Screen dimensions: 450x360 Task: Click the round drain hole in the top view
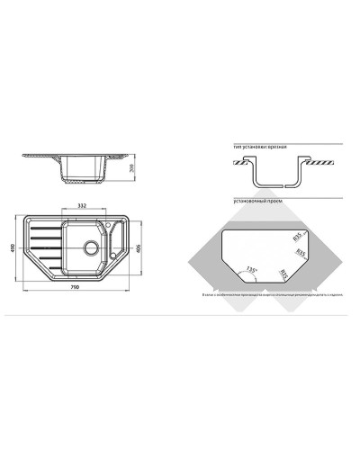tap(91, 247)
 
